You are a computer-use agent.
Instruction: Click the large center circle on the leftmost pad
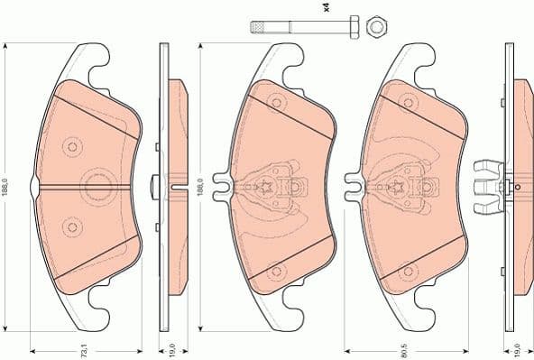click(95, 186)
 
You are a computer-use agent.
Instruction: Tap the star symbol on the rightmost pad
click(398, 186)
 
